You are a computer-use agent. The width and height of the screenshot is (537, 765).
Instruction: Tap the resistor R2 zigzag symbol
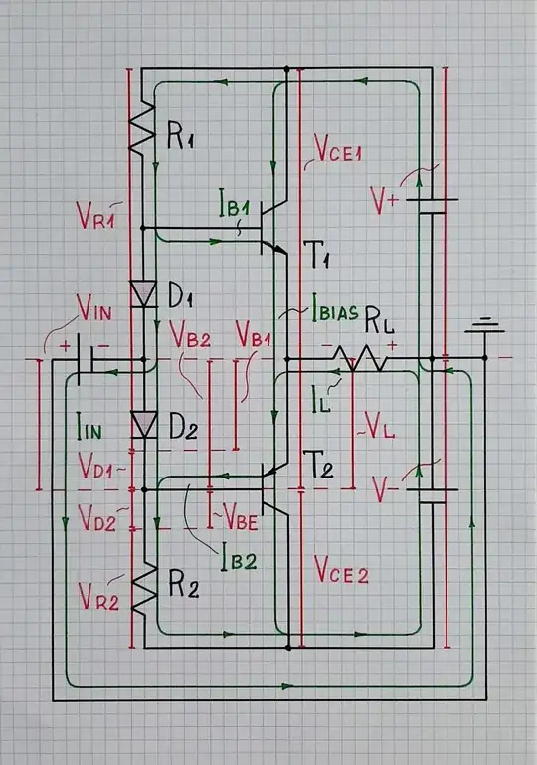tap(145, 591)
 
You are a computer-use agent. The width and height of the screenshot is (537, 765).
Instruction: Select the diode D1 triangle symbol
tap(145, 294)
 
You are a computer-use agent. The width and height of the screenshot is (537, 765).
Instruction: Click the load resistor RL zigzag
tap(357, 358)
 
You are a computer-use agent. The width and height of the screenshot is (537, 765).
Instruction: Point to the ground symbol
tap(484, 327)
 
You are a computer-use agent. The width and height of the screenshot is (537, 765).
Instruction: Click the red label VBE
tap(243, 516)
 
